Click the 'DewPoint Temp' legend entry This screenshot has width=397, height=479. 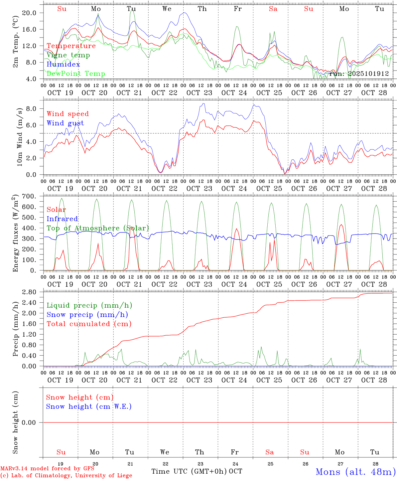pyautogui.click(x=76, y=74)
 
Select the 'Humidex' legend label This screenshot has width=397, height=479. pyautogui.click(x=63, y=64)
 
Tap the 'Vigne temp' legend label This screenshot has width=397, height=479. pyautogui.click(x=68, y=55)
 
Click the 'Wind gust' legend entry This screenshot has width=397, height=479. pyautogui.click(x=65, y=123)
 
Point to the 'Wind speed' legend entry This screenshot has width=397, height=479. pyautogui.click(x=68, y=114)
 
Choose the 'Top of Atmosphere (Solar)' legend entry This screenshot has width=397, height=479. pyautogui.click(x=98, y=228)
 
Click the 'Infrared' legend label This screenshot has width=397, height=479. pyautogui.click(x=62, y=219)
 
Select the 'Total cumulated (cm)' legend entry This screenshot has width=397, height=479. pyautogui.click(x=89, y=324)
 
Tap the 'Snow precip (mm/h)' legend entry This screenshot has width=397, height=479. pyautogui.click(x=87, y=315)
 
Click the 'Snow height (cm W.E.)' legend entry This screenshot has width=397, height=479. pyautogui.click(x=89, y=406)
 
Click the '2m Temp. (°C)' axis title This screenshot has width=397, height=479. pyautogui.click(x=15, y=46)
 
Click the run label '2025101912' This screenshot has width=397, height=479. pyautogui.click(x=359, y=74)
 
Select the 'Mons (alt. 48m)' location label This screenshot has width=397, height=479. pyautogui.click(x=356, y=472)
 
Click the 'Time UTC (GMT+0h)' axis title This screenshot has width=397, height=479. pyautogui.click(x=189, y=471)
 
